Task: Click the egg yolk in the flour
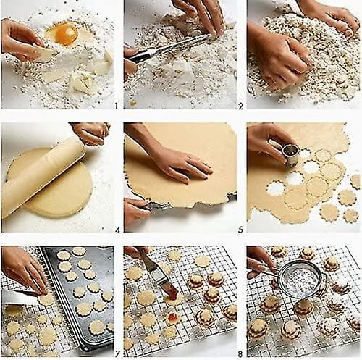tap(67, 35)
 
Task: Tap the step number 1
tap(117, 106)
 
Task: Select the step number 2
tap(240, 106)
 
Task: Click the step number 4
tap(117, 230)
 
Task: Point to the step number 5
tap(240, 230)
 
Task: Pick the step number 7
tap(117, 354)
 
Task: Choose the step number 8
tap(240, 354)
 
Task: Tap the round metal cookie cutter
tap(291, 154)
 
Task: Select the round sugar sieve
tap(299, 279)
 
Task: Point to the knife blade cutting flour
tap(169, 47)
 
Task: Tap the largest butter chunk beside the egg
tap(81, 83)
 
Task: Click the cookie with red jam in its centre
tap(172, 316)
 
